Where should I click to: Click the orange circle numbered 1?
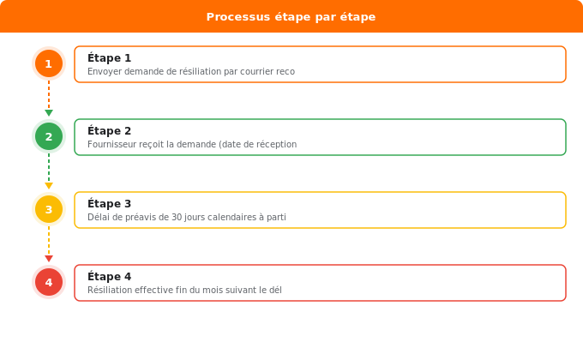[49, 63]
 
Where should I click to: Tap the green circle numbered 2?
[49, 136]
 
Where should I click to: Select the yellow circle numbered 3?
[49, 209]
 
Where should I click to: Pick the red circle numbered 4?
[49, 282]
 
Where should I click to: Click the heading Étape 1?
[110, 58]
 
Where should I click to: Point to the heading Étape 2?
[110, 131]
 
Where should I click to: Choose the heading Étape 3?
[110, 204]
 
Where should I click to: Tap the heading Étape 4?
[110, 277]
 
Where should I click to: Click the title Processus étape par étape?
[291, 17]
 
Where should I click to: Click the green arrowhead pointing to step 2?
[49, 113]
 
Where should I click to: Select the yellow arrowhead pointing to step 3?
[49, 186]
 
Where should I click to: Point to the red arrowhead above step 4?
[49, 259]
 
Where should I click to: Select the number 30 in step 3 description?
[177, 217]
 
